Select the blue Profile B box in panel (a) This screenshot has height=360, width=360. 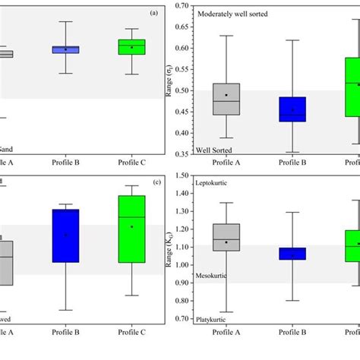point(65,49)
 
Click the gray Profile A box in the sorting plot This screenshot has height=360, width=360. point(226,99)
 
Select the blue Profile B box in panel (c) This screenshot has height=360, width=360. point(65,235)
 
